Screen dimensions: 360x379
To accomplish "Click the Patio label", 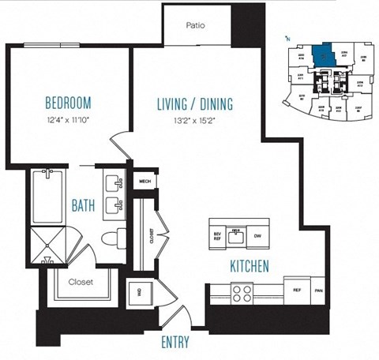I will point(197,25).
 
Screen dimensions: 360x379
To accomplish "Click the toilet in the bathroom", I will point(114,238).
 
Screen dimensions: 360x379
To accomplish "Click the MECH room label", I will point(144,181).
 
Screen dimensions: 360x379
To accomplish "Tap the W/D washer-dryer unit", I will point(139,292).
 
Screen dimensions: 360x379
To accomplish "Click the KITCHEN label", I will point(251,265).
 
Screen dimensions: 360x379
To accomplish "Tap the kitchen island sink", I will point(235,234).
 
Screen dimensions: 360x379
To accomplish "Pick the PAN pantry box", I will point(318,291).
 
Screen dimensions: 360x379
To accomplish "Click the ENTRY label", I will point(174,343).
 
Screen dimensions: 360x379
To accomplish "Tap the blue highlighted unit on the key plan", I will point(323,55).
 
